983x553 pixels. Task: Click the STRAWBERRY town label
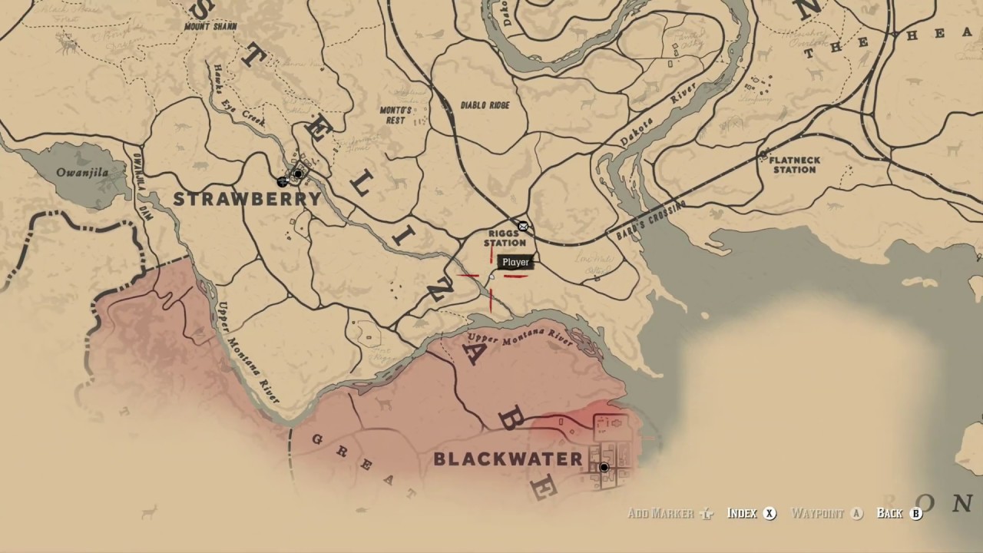247,199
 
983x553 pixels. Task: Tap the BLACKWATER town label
508,459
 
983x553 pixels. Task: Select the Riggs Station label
505,238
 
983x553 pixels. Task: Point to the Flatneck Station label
794,164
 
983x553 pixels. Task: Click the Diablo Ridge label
485,104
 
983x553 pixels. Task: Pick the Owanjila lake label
82,172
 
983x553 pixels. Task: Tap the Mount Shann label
210,27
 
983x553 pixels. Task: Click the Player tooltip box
515,262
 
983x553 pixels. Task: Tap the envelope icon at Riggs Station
523,226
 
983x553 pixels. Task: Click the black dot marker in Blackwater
604,467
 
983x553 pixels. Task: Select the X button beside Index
770,514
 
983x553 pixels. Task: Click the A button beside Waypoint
857,514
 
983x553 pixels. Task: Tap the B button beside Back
915,514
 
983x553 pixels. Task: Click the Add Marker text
661,514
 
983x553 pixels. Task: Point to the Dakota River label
647,121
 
